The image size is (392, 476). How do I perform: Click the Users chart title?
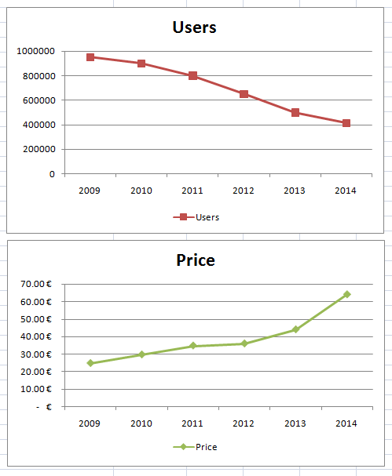(x=194, y=27)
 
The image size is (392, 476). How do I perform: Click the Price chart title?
(x=196, y=260)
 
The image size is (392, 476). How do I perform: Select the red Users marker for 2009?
(x=90, y=57)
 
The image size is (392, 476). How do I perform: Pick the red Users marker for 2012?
(x=244, y=94)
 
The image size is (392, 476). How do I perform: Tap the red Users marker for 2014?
(x=346, y=123)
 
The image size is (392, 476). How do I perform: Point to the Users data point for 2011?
(x=192, y=75)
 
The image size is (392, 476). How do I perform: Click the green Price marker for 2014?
(x=347, y=294)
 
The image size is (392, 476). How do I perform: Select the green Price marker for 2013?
(x=295, y=329)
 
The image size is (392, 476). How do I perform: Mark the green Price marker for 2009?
(x=90, y=363)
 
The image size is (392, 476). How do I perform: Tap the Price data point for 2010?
(x=141, y=354)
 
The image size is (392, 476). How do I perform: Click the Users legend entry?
(x=196, y=217)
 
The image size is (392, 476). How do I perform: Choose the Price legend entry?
(x=196, y=447)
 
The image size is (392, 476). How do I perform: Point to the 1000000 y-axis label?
(x=36, y=51)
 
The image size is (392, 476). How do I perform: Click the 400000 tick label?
(x=39, y=125)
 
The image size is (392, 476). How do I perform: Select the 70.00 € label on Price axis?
(x=36, y=284)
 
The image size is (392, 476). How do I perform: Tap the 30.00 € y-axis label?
(x=36, y=354)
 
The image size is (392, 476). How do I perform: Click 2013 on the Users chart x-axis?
(x=295, y=191)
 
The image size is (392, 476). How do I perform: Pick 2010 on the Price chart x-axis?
(x=141, y=423)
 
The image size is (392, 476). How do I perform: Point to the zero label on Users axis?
(x=52, y=174)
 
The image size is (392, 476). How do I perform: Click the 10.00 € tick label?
(x=36, y=389)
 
